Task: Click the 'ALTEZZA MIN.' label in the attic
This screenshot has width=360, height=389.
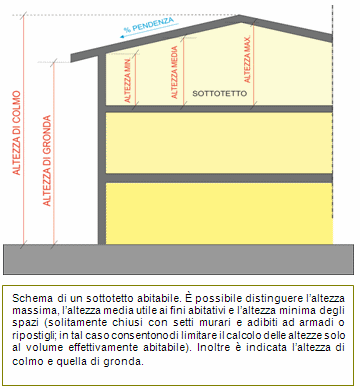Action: [128, 82]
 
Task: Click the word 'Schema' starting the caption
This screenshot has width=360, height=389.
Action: [36, 297]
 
